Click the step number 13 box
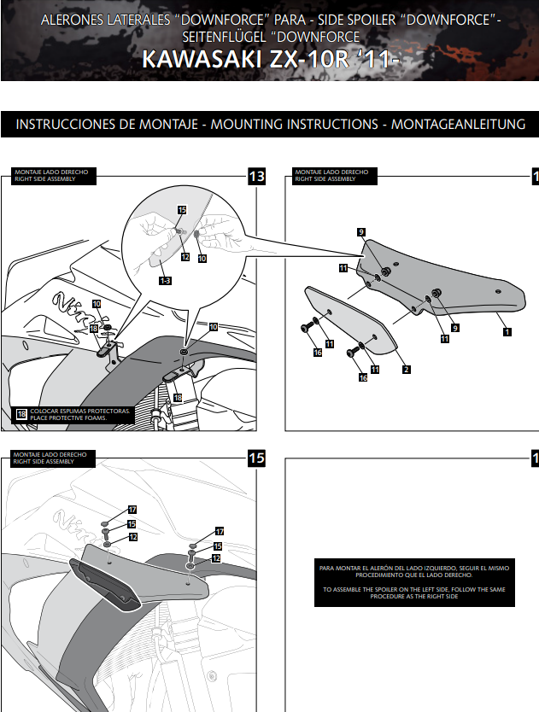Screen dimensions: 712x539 [x=256, y=177]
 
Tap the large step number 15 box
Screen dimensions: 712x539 [x=256, y=458]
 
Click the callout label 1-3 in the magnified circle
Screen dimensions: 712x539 [x=163, y=279]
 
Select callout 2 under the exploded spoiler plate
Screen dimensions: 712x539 [x=407, y=370]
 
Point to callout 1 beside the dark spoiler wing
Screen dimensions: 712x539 [x=507, y=330]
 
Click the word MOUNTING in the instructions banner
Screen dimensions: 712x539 [x=247, y=125]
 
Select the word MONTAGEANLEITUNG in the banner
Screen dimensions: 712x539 [x=458, y=125]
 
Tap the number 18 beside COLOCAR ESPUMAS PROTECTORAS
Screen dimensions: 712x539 [x=21, y=415]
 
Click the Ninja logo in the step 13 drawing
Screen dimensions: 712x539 [x=73, y=302]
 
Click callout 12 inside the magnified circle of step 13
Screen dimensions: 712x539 [x=185, y=256]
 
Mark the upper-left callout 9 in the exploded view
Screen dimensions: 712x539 [x=361, y=232]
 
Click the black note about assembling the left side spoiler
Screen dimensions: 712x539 [x=414, y=581]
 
